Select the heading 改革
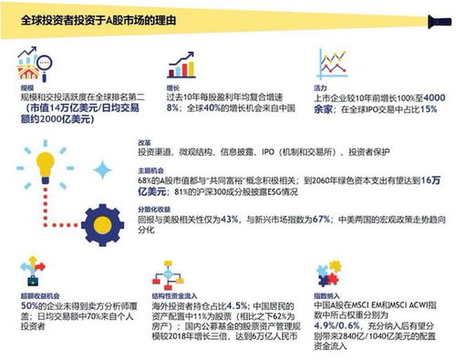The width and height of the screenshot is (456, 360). [x=144, y=143]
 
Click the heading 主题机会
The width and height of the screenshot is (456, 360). [x=150, y=169]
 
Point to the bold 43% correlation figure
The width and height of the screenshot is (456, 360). [x=229, y=219]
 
